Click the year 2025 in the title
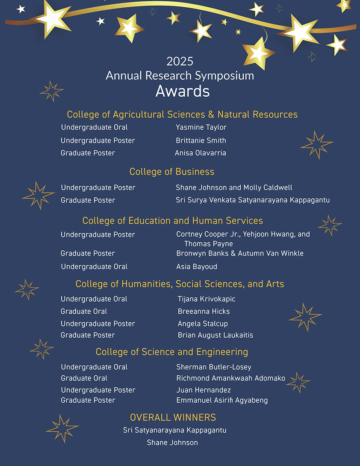[x=180, y=61]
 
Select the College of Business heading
[x=172, y=172]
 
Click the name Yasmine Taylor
[x=201, y=127]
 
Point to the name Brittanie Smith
[x=201, y=140]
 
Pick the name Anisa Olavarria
[x=201, y=153]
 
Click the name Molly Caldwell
[x=268, y=187]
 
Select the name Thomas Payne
[x=209, y=243]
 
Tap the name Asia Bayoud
[x=197, y=267]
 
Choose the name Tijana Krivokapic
[x=207, y=299]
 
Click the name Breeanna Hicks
[x=204, y=311]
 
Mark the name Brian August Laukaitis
[x=215, y=335]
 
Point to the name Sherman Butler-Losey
[x=214, y=367]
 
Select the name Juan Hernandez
[x=204, y=390]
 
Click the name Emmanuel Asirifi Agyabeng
[x=222, y=400]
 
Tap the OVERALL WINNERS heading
[x=173, y=417]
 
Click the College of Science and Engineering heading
[x=172, y=352]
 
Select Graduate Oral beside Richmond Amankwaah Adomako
[x=84, y=378]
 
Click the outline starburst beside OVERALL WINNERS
[x=62, y=428]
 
